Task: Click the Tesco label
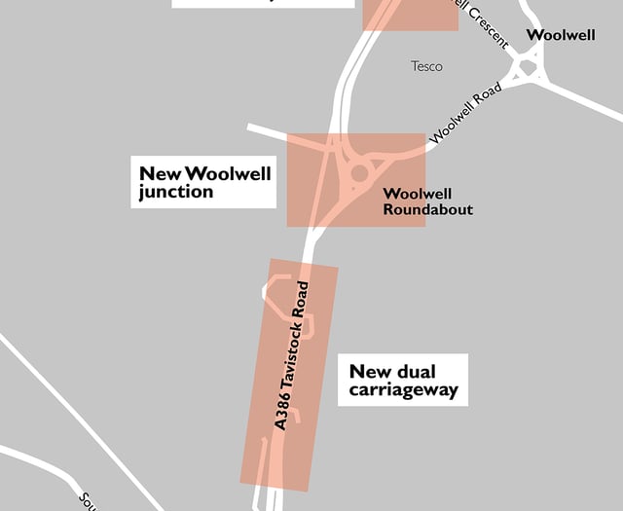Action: (x=426, y=66)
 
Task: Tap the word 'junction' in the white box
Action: (x=175, y=193)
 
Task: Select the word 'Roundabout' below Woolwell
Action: (x=427, y=209)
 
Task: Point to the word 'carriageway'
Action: (x=408, y=392)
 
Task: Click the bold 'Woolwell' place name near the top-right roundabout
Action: (x=560, y=35)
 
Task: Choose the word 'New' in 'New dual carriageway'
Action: (x=369, y=371)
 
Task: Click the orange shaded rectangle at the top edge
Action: (x=410, y=14)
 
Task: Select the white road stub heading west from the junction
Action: (x=268, y=129)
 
